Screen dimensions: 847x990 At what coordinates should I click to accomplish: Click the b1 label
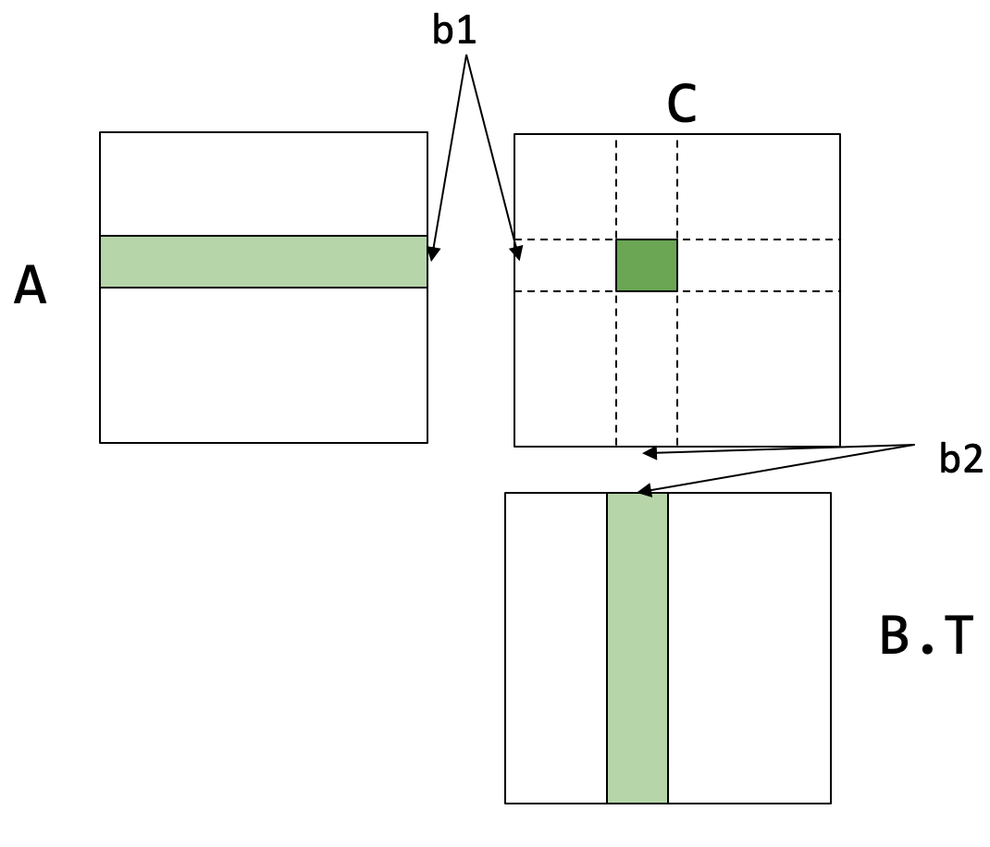coord(454,31)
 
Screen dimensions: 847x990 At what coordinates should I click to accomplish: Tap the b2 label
coord(960,460)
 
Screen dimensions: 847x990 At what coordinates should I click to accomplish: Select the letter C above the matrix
coord(682,106)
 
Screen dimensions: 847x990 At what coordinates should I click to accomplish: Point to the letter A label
coord(31,288)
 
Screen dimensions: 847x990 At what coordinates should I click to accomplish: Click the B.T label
coord(926,638)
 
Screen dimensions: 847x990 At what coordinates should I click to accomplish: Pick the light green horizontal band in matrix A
coord(264,262)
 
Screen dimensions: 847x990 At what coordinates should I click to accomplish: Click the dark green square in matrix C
coord(647,265)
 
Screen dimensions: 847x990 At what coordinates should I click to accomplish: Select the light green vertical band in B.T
coord(637,647)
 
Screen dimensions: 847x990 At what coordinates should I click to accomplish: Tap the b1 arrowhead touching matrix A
coord(433,252)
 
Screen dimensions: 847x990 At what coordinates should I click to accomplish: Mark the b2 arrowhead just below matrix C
coord(650,453)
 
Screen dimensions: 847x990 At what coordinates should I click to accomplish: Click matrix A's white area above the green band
coord(264,184)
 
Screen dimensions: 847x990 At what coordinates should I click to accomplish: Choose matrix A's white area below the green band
coord(264,365)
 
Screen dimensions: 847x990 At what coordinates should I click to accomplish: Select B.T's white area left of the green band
coord(556,647)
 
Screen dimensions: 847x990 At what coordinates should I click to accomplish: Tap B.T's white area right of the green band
coord(749,647)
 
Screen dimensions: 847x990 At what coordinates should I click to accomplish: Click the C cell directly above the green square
coord(647,188)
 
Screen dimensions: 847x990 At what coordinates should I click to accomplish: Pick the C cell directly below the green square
coord(647,368)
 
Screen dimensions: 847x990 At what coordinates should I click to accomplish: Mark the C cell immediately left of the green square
coord(565,265)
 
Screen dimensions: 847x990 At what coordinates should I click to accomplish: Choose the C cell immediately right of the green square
coord(759,265)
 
